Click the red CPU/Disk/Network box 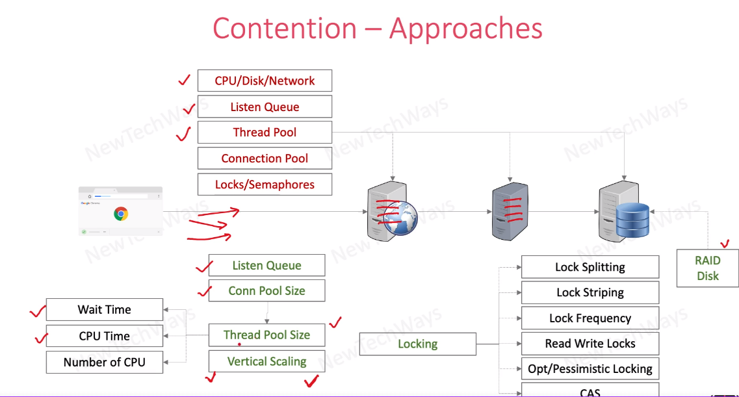point(265,81)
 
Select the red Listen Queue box point(265,107)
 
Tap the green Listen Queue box point(266,265)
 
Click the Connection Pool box point(265,158)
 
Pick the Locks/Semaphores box point(265,185)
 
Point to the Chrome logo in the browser point(120,214)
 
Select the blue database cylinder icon point(632,220)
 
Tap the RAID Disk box point(707,268)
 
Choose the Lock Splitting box point(590,267)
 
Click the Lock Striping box point(590,292)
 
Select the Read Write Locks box point(590,343)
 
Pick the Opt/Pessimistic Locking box point(590,368)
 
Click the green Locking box point(417,344)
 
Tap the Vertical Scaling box point(266,361)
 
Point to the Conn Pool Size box point(266,290)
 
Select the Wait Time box point(104,310)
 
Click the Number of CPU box point(104,362)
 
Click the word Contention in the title point(285,29)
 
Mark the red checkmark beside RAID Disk point(725,244)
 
